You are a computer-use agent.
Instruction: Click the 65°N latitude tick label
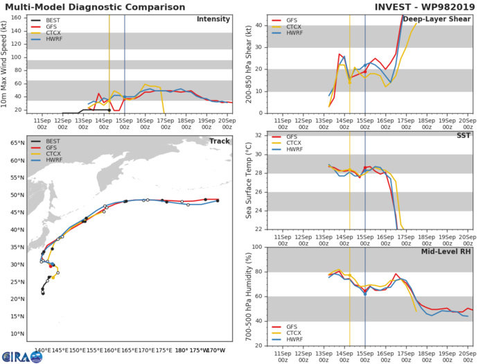(15, 143)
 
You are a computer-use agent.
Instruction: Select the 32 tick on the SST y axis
(258, 135)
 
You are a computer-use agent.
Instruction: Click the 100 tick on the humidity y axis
(256, 248)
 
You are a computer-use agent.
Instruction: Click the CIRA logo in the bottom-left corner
(21, 356)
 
